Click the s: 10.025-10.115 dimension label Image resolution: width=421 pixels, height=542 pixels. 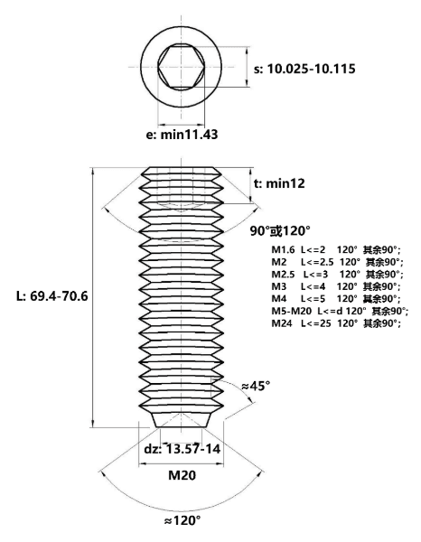(x=304, y=69)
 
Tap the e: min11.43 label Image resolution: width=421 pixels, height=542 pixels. (x=182, y=135)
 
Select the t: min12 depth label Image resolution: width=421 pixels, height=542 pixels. (x=279, y=183)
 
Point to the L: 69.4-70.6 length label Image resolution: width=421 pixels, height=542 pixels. (x=52, y=296)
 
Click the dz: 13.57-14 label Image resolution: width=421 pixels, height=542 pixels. (x=182, y=449)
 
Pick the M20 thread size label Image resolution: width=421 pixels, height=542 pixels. (x=182, y=475)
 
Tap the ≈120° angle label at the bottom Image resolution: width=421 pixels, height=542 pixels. (x=182, y=520)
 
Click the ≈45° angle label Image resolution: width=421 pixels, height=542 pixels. (x=256, y=386)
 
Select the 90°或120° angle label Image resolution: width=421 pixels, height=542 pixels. (x=280, y=230)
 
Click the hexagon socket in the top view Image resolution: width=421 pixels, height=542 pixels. (x=182, y=67)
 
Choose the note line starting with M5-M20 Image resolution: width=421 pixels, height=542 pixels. (x=340, y=311)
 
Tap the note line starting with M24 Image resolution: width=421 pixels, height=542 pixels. (x=336, y=323)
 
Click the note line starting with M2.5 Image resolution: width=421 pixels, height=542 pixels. (x=337, y=274)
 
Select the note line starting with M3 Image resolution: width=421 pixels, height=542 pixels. (x=335, y=286)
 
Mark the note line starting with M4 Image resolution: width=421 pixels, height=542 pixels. (x=335, y=299)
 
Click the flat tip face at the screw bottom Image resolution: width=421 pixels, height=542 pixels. (x=181, y=427)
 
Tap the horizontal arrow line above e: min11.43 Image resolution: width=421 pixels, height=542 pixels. (x=181, y=125)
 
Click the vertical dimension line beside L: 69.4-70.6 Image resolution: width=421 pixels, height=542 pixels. (x=93, y=297)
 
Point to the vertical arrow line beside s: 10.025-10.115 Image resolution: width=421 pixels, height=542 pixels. (x=247, y=67)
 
